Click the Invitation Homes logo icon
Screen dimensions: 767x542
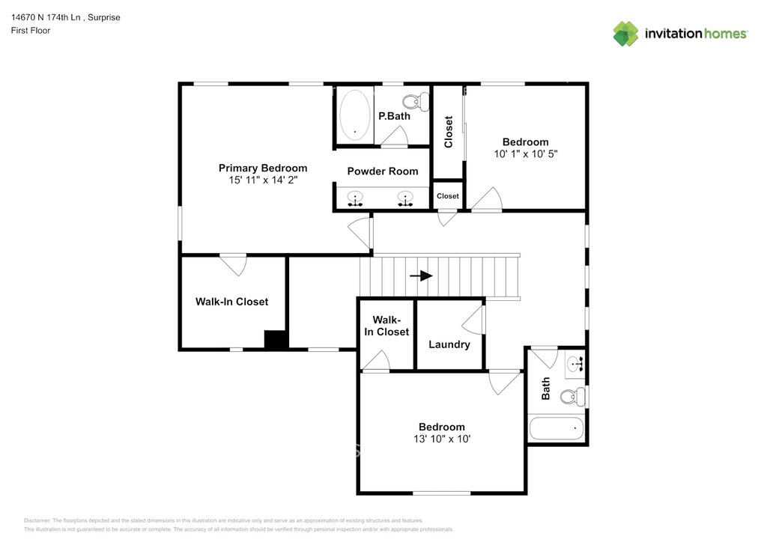pyautogui.click(x=625, y=34)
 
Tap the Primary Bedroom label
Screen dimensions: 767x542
pyautogui.click(x=262, y=168)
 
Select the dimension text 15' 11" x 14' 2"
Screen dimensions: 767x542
pyautogui.click(x=264, y=180)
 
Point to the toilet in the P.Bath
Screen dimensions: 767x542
pyautogui.click(x=414, y=101)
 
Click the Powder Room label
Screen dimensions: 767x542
pyautogui.click(x=382, y=171)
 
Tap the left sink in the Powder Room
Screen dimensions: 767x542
pyautogui.click(x=355, y=199)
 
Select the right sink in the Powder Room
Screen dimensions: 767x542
pyautogui.click(x=405, y=199)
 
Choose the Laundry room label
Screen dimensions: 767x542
pyautogui.click(x=449, y=344)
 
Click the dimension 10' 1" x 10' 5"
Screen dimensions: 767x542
pyautogui.click(x=525, y=153)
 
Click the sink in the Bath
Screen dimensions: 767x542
pyautogui.click(x=575, y=365)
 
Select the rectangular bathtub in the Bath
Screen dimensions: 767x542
pyautogui.click(x=556, y=429)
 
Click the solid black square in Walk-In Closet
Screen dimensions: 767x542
pyautogui.click(x=276, y=340)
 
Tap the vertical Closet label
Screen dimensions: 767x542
pyautogui.click(x=449, y=132)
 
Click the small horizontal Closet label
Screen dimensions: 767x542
pyautogui.click(x=448, y=196)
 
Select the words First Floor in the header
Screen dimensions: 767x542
pyautogui.click(x=31, y=31)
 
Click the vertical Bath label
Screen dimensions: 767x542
pyautogui.click(x=546, y=388)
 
